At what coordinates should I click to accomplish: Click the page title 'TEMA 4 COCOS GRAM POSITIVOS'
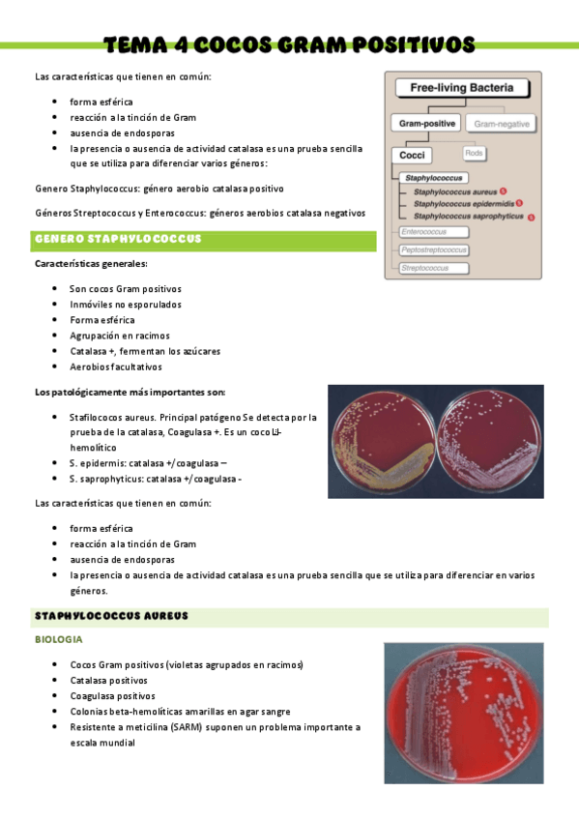point(289,44)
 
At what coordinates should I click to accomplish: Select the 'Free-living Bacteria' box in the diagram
point(462,88)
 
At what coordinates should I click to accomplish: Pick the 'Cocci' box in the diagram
point(413,155)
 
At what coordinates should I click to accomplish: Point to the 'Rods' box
point(474,154)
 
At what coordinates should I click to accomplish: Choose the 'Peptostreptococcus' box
point(433,250)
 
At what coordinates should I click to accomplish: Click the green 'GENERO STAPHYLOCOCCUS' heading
point(117,239)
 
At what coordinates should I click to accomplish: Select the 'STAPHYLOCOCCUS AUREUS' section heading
point(111,616)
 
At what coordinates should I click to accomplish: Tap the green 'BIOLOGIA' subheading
point(58,640)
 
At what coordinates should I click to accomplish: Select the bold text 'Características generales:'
point(91,264)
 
